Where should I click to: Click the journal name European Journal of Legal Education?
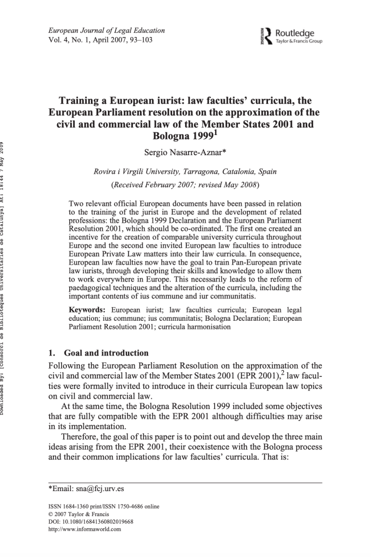tap(106, 30)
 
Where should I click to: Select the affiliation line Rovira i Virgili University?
tap(185, 172)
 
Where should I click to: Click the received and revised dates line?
tap(185, 185)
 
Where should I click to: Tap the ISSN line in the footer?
tap(104, 507)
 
